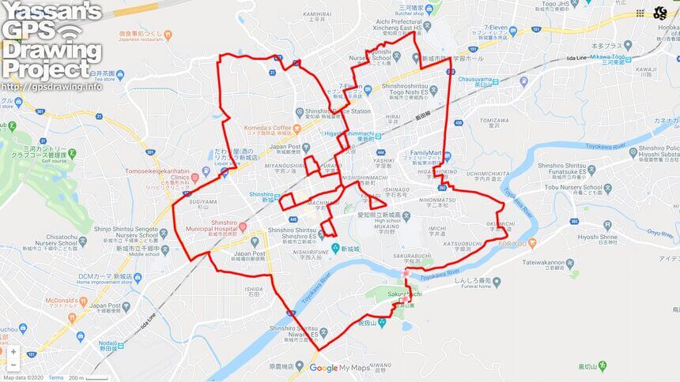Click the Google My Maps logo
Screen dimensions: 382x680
coord(339,368)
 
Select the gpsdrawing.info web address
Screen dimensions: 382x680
coord(51,87)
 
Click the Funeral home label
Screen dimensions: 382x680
coord(482,289)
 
